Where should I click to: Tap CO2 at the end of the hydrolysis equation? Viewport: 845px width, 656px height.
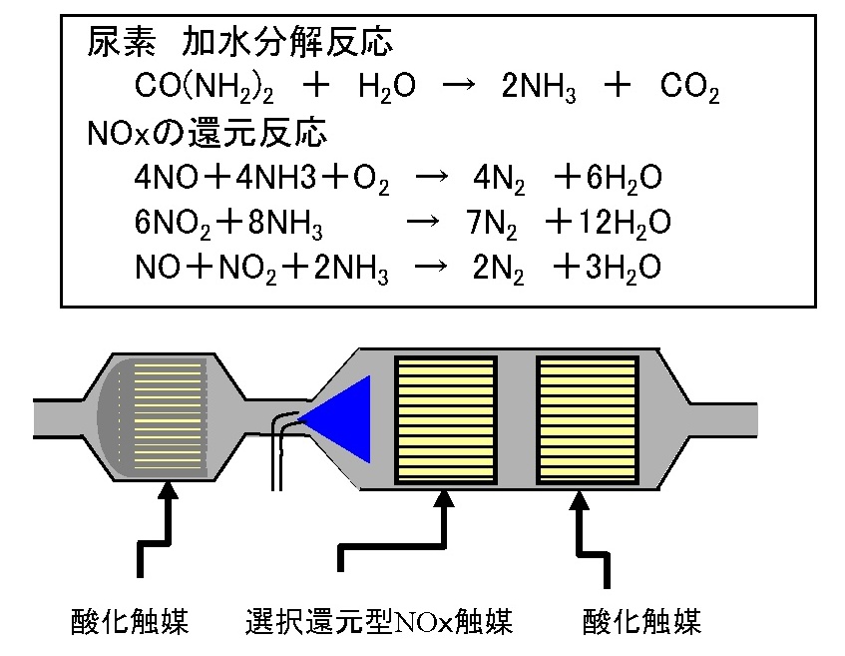pos(689,90)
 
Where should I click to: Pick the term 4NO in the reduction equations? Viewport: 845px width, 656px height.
pos(164,179)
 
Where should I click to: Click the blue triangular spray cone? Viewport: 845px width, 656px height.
pos(344,416)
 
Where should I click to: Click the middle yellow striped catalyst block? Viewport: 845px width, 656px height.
pos(446,418)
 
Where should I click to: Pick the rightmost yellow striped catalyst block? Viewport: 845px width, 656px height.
pos(587,418)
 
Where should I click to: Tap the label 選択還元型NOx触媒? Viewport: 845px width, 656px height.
pos(379,624)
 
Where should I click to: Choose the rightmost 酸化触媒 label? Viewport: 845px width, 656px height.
pos(642,624)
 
